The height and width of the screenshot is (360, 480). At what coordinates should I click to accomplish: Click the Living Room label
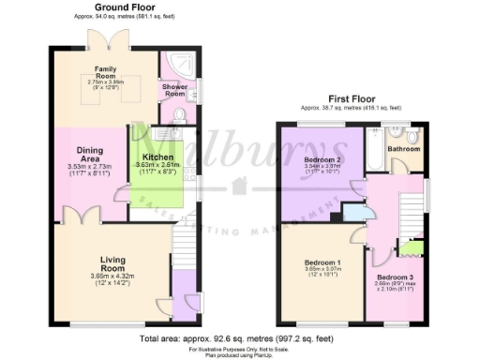coord(112,263)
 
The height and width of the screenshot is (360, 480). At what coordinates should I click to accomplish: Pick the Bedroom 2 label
coord(322,160)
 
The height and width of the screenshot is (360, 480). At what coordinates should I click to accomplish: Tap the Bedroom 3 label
coord(396,277)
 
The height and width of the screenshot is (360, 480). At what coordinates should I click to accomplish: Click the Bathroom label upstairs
coord(404,148)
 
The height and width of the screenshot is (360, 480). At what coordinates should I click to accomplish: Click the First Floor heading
coord(350,98)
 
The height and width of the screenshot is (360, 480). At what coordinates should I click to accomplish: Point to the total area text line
coord(239,337)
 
